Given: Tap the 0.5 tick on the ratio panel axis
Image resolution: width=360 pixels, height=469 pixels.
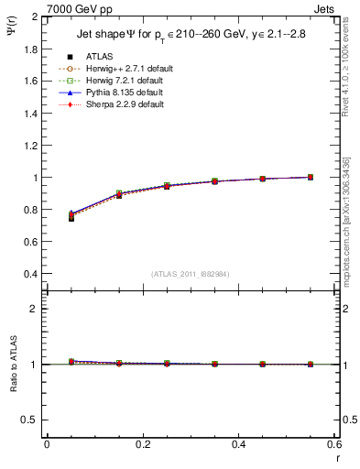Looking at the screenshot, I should pyautogui.click(x=32, y=420).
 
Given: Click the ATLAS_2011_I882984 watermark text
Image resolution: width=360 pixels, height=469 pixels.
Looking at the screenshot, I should pyautogui.click(x=191, y=274).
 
